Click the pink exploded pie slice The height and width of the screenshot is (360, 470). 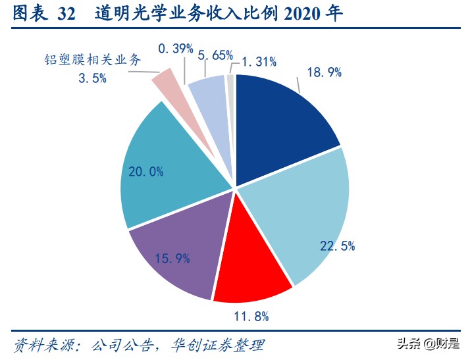[x=164, y=84]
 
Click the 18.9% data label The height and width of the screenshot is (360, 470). [x=324, y=72]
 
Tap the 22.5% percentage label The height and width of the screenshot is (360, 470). [x=338, y=245]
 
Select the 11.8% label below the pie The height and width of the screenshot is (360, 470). [x=251, y=317]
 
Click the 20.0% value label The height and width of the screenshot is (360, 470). [x=146, y=172]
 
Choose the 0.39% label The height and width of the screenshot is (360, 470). [x=175, y=48]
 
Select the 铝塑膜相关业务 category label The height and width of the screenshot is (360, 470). [x=90, y=61]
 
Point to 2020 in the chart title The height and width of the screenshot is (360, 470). [x=300, y=14]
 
